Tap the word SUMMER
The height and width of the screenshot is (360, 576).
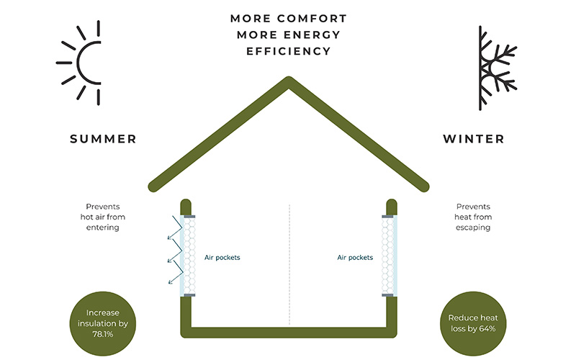click(x=103, y=138)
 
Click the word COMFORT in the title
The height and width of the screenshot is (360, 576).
click(x=315, y=18)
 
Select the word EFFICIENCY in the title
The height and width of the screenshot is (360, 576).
click(x=288, y=51)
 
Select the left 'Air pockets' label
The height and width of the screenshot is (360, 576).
click(x=222, y=256)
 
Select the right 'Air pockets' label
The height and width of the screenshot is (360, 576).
click(x=355, y=256)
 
